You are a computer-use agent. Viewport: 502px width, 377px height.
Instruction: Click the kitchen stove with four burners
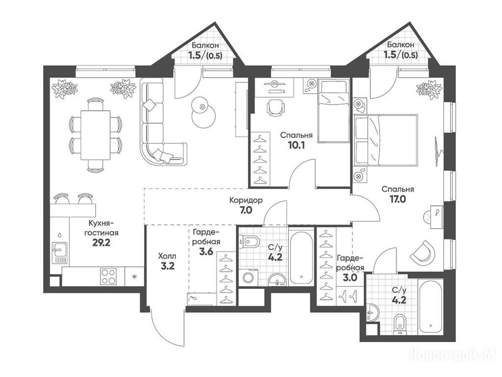coord(108,276)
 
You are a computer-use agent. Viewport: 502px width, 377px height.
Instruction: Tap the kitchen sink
coord(59,253)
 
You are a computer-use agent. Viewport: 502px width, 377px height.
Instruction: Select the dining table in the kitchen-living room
coord(96,135)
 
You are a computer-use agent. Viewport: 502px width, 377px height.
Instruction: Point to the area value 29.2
coord(101,242)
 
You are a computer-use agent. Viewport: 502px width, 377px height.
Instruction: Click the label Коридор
coord(246,201)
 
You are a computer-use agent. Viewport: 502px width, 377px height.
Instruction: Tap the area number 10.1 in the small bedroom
coord(296,145)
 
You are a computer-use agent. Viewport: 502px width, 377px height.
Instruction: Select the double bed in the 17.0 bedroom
coord(386,140)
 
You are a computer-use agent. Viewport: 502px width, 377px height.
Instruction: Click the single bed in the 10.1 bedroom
coord(333,111)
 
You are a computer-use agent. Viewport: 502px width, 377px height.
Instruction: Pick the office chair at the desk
coord(276,108)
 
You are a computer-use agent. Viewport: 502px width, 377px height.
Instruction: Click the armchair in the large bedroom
coord(423,251)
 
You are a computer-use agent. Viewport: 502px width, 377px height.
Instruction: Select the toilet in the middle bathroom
coord(250,242)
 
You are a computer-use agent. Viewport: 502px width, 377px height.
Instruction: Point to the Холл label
coord(167,256)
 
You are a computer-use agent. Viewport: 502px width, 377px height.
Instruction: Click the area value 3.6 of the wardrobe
coord(206,252)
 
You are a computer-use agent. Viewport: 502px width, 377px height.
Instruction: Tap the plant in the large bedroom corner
coord(429,89)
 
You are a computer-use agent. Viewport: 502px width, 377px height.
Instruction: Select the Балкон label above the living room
coord(205,45)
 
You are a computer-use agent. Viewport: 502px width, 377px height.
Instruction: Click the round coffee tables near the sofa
coord(203,112)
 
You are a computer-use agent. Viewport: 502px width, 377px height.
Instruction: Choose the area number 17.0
coord(398,199)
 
